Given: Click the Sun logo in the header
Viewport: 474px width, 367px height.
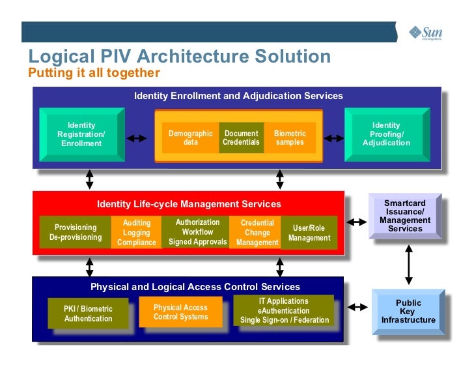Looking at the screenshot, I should click(425, 32).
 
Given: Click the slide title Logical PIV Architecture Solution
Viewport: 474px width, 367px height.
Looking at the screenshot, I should click(180, 56).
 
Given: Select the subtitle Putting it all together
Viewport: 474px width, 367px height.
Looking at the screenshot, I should click(94, 72).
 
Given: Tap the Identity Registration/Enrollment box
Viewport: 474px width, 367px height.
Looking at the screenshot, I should click(81, 134).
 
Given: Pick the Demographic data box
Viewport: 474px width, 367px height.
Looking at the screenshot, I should click(190, 138).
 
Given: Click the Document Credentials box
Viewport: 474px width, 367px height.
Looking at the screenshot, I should click(241, 138).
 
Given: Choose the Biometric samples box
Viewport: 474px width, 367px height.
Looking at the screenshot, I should click(290, 138).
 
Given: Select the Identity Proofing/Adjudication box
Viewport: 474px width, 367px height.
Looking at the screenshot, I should click(386, 134).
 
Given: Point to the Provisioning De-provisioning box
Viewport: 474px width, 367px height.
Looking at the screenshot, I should click(76, 232).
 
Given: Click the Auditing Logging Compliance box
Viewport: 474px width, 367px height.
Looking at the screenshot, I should click(136, 232).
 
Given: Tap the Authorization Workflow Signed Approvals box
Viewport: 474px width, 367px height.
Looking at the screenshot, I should click(197, 232).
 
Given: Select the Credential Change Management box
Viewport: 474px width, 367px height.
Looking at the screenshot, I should click(257, 232).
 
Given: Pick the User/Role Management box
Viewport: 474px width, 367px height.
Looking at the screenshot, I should click(309, 233).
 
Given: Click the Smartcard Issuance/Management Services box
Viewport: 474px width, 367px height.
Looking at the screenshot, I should click(405, 216).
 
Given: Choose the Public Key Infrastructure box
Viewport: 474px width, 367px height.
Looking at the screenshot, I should click(408, 312).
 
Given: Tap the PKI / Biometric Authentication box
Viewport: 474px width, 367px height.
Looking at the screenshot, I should click(88, 314).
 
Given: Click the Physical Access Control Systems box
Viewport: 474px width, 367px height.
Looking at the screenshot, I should click(180, 312).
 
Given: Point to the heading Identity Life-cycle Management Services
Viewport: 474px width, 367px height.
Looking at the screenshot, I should click(189, 204).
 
